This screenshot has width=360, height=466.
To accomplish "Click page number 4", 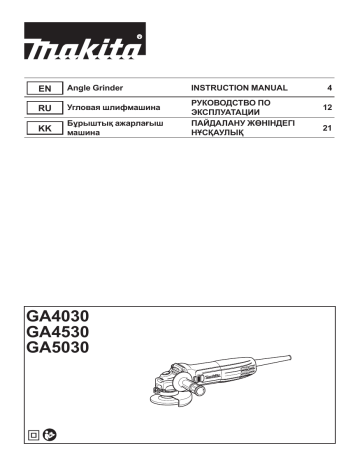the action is point(329,88).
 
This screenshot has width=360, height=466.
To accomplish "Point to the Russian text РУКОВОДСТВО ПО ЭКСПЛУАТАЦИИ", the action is point(231,107).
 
